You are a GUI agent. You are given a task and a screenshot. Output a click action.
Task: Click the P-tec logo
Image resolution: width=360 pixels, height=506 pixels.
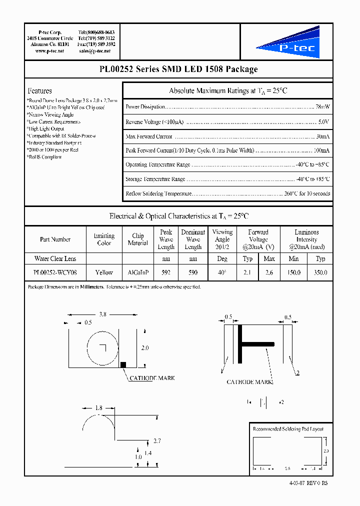click(285, 43)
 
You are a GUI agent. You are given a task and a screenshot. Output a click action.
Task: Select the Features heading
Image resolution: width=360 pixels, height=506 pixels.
click(39, 90)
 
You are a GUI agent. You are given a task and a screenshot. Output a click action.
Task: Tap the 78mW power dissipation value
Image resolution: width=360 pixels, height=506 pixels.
click(322, 107)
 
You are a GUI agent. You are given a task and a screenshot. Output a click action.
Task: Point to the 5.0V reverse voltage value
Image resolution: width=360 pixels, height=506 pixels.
click(323, 121)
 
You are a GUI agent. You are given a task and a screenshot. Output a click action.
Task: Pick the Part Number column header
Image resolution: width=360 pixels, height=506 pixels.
click(55, 239)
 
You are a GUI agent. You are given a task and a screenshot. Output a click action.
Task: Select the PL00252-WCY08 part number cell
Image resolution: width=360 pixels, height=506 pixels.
click(55, 273)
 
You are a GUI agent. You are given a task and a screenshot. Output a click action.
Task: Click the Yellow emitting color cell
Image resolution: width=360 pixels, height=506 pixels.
click(104, 273)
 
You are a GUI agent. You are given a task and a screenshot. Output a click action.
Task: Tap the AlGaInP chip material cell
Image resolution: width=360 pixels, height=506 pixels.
click(138, 273)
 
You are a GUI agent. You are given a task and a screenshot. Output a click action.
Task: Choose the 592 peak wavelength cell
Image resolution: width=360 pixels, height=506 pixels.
click(166, 273)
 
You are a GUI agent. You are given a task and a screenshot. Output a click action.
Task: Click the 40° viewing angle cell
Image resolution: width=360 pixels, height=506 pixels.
click(222, 273)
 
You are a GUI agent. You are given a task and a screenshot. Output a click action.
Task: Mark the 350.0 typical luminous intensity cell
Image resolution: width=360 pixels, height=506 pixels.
click(320, 273)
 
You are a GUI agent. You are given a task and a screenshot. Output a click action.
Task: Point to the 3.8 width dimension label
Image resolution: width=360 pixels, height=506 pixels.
click(102, 314)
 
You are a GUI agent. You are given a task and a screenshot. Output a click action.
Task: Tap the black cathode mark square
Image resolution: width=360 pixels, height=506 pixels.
click(123, 364)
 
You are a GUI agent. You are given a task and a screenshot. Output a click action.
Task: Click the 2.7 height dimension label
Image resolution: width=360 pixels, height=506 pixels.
click(156, 441)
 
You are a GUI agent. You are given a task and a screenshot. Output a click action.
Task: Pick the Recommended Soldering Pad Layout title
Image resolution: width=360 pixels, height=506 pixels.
click(288, 429)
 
